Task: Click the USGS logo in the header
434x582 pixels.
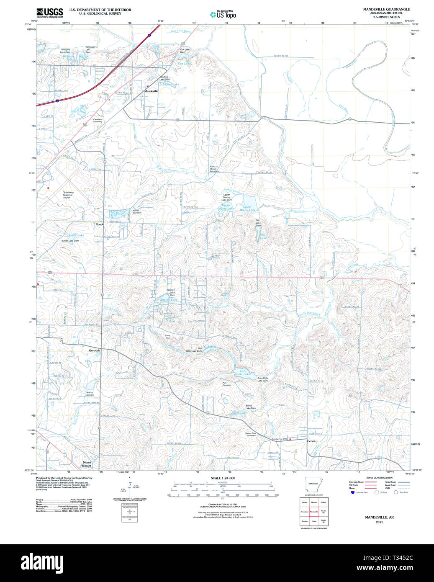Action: coord(49,13)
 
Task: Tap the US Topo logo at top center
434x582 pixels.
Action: coord(223,15)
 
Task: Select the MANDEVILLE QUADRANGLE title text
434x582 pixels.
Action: coord(386,9)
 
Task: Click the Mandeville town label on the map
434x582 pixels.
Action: coord(151,91)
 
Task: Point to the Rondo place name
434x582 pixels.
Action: coord(100,224)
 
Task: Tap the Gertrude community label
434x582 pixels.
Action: coord(95,350)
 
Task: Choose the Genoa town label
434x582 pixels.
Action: coord(311,441)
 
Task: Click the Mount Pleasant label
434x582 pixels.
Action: coord(86,464)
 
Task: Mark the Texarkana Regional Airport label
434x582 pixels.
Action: coord(68,195)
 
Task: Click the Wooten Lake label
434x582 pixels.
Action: coord(168,300)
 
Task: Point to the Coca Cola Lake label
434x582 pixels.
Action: coord(243,372)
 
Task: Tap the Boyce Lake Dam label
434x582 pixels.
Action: coord(250,407)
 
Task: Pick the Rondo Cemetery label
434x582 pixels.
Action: coord(137,211)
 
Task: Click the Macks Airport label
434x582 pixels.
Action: coord(90,394)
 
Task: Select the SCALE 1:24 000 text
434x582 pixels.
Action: coord(223,478)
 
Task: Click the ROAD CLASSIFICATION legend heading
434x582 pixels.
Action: coord(379,478)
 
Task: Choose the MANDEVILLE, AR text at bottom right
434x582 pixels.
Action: coord(379,517)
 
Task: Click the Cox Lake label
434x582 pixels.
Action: coord(184,64)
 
